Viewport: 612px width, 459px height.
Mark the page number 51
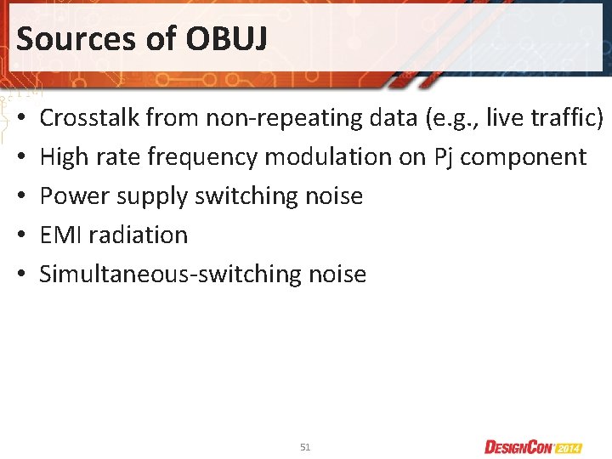(x=305, y=446)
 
